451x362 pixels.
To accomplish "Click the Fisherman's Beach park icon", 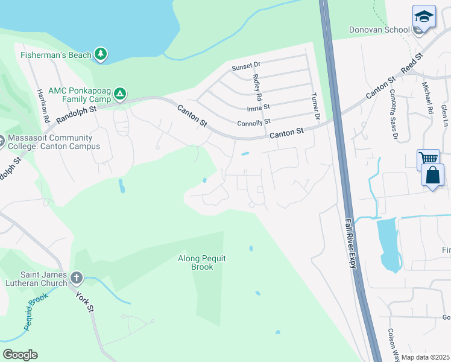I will [x=101, y=55].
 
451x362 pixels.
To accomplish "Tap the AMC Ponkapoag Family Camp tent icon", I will [x=120, y=94].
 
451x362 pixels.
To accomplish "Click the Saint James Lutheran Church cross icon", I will [x=76, y=278].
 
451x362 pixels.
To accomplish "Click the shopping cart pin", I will [x=428, y=159].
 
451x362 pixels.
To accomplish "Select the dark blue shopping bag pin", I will [x=434, y=177].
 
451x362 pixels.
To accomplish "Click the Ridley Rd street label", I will [x=257, y=87].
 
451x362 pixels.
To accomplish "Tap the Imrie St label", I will [x=259, y=107].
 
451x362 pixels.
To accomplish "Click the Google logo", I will [x=20, y=355].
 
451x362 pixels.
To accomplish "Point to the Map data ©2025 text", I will [x=425, y=357].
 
